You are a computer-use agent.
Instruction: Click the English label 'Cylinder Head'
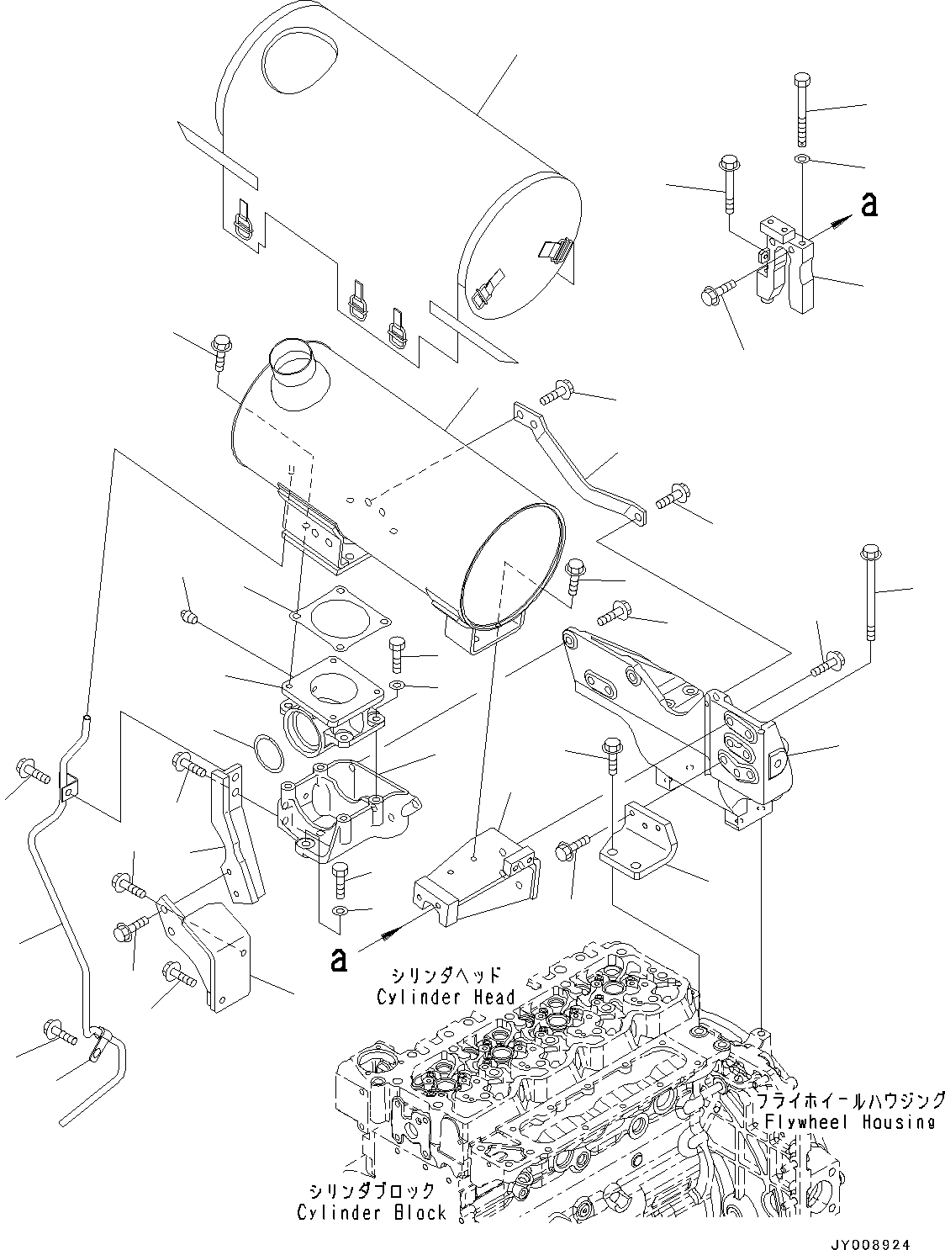(446, 998)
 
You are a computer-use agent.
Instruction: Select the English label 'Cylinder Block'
(372, 1212)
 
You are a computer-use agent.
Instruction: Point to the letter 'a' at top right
(869, 204)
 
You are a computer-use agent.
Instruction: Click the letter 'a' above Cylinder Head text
(339, 959)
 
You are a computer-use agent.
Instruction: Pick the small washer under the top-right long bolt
(802, 159)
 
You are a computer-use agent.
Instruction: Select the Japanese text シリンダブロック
(372, 1191)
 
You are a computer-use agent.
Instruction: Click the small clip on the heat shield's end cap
(556, 249)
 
